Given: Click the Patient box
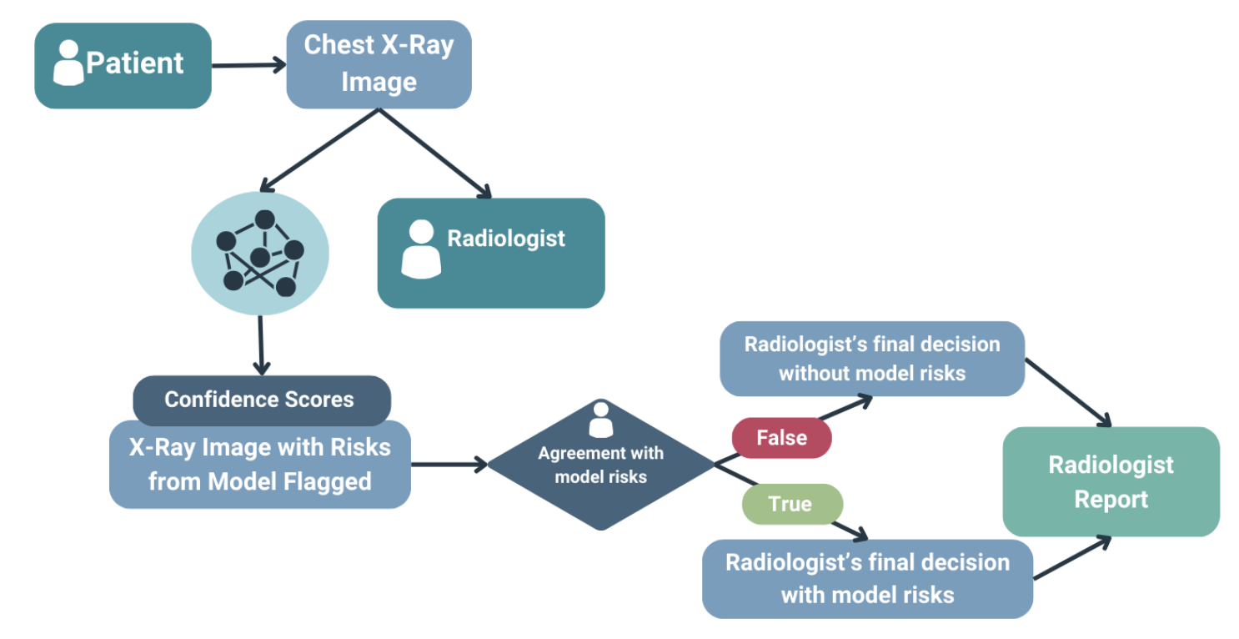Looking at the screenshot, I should click(123, 66).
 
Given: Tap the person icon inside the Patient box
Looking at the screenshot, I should click(68, 63).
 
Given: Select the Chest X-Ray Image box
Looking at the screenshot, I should click(379, 64).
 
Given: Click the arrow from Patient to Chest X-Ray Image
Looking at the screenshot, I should click(248, 65).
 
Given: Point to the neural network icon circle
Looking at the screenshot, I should click(259, 254).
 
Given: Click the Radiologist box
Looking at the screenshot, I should click(490, 253).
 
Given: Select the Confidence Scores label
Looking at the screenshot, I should click(261, 400).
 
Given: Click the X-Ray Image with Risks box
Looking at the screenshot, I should click(259, 465).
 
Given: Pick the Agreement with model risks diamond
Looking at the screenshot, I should click(600, 465).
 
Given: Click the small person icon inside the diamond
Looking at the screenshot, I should click(600, 420).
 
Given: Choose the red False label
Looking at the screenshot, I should click(781, 438).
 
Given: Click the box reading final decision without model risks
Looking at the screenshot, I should click(871, 359).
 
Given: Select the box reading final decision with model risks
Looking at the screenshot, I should click(867, 578).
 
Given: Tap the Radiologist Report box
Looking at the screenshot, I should click(1111, 481).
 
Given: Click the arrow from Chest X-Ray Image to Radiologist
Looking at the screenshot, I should click(434, 153).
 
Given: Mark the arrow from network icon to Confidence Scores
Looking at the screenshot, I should click(261, 344).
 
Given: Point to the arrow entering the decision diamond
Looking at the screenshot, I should click(449, 465).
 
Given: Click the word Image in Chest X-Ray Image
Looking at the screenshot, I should click(379, 82).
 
